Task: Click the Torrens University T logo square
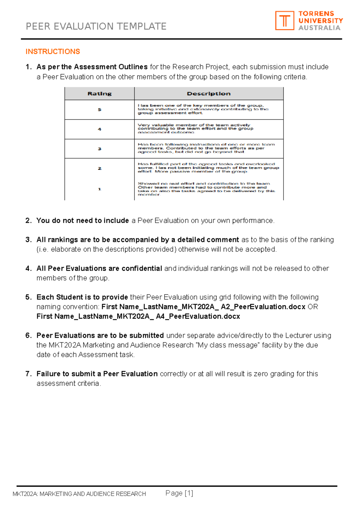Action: [x=284, y=21]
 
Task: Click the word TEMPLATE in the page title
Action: [x=141, y=26]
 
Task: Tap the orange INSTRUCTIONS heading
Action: [x=53, y=52]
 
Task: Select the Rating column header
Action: [x=99, y=94]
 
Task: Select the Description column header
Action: [x=208, y=94]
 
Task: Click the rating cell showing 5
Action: [x=99, y=110]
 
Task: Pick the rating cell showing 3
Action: [x=99, y=149]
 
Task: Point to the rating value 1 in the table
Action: [x=99, y=189]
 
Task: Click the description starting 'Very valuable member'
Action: [x=195, y=129]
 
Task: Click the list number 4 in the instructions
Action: [x=28, y=268]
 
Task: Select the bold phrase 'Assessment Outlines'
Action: [x=111, y=67]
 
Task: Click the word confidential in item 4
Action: [x=142, y=268]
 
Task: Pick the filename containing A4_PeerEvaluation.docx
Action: [x=138, y=316]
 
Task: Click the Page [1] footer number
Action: [x=179, y=493]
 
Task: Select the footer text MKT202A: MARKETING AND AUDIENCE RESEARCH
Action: [x=79, y=494]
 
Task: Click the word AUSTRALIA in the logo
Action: [x=319, y=28]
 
